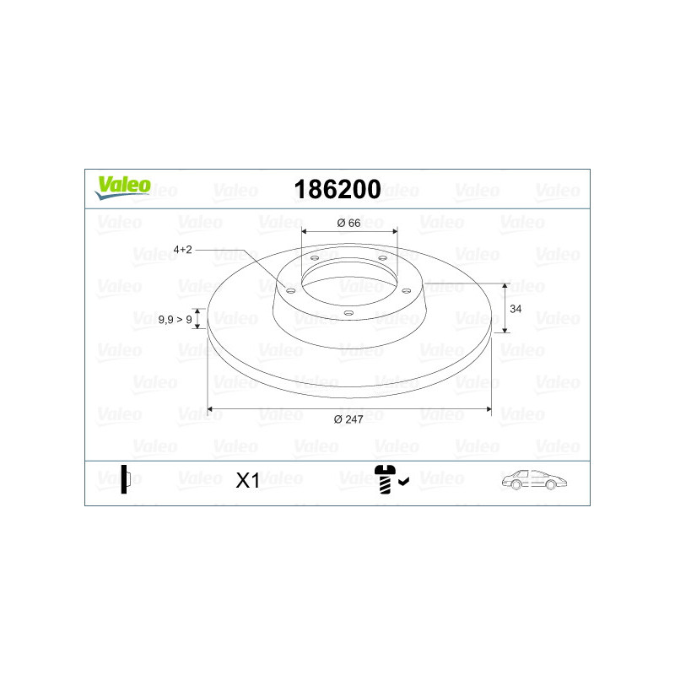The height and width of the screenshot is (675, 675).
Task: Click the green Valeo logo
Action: pyautogui.click(x=122, y=187)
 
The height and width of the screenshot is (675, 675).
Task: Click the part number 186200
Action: pyautogui.click(x=337, y=189)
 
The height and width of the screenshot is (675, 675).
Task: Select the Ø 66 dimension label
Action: pyautogui.click(x=348, y=223)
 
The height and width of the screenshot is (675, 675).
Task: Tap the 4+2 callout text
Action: pyautogui.click(x=182, y=250)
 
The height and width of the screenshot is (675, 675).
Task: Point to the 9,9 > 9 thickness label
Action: pyautogui.click(x=175, y=320)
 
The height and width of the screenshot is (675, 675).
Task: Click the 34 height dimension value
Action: pyautogui.click(x=516, y=309)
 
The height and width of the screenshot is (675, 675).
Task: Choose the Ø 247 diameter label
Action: pyautogui.click(x=348, y=419)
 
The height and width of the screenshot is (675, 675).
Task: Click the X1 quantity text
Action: pyautogui.click(x=247, y=480)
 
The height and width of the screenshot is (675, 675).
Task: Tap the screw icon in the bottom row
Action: pyautogui.click(x=385, y=479)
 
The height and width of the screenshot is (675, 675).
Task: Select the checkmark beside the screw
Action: pyautogui.click(x=404, y=481)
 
